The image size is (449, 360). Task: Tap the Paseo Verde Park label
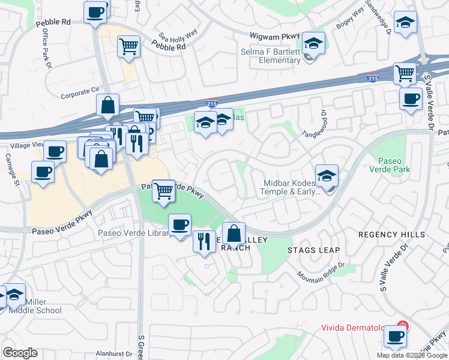coord(394,166)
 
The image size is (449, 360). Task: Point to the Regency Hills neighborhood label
coord(392,235)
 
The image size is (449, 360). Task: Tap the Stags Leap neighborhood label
coord(313,250)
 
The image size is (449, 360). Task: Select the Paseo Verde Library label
coord(133,233)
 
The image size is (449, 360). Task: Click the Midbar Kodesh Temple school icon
coord(327,176)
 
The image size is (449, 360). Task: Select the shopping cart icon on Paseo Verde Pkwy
coord(163,191)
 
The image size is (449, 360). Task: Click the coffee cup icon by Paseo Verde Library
coord(179,225)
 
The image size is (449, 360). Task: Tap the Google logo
coord(20,353)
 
